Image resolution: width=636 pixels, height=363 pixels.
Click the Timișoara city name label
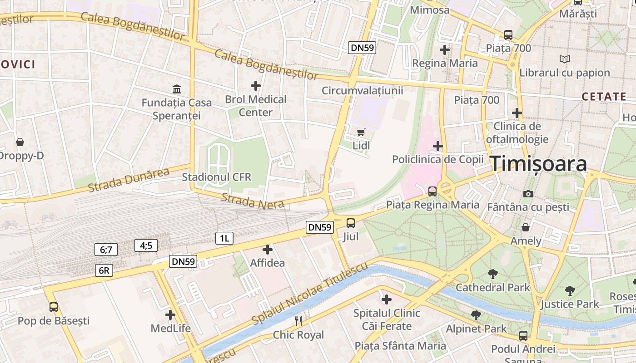538,164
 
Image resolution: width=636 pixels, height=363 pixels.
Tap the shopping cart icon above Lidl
361,132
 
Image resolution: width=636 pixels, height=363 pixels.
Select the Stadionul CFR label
216,177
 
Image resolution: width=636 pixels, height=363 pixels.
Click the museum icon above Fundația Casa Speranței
177,89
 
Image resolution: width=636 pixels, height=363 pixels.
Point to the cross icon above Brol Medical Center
256,85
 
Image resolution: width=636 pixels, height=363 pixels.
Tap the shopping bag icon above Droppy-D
20,142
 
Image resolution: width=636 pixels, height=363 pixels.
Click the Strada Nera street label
253,201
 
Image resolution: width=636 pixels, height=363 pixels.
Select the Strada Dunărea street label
129,179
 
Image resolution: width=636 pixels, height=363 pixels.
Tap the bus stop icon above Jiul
351,223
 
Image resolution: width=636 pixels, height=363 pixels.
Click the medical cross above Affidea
268,249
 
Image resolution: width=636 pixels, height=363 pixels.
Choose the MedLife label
171,328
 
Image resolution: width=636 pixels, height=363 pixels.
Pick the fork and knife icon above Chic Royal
298,321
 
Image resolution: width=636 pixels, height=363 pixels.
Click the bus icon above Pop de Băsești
54,307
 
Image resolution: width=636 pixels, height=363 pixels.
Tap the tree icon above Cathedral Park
492,274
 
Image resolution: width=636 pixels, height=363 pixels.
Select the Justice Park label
570,304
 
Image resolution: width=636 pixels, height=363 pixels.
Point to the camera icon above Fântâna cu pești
528,194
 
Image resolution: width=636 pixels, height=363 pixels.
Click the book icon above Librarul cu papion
564,59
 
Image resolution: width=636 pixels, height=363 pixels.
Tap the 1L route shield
224,238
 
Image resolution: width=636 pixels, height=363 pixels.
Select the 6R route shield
104,271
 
